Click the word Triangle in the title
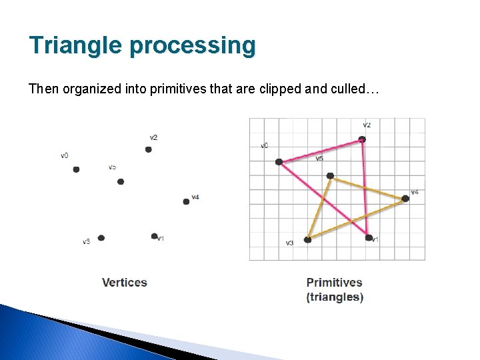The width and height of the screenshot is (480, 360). click(x=75, y=45)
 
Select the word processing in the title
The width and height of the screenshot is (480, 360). click(x=193, y=45)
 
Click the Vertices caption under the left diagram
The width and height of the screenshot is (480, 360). click(x=125, y=283)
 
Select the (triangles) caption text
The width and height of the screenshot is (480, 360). click(x=335, y=297)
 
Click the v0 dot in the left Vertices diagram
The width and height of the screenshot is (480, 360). click(x=76, y=169)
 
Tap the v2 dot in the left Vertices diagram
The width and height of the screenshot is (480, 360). click(x=149, y=149)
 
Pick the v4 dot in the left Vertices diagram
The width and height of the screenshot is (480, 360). click(x=186, y=201)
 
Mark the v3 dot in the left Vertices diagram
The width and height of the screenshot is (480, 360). click(x=101, y=237)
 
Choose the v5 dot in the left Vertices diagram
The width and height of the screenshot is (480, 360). click(x=121, y=181)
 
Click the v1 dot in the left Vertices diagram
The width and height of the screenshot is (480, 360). click(x=154, y=236)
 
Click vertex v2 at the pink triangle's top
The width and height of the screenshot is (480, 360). click(x=362, y=139)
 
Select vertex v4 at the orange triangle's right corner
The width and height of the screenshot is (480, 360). click(x=405, y=198)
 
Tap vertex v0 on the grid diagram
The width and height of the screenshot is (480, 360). click(x=279, y=161)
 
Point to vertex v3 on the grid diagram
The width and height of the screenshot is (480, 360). click(x=307, y=239)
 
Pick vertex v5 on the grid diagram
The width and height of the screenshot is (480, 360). click(x=330, y=176)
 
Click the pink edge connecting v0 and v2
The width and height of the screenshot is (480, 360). click(x=320, y=151)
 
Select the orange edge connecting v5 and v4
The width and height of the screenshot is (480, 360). click(x=367, y=187)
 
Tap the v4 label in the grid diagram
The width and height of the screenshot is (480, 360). click(x=415, y=192)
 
